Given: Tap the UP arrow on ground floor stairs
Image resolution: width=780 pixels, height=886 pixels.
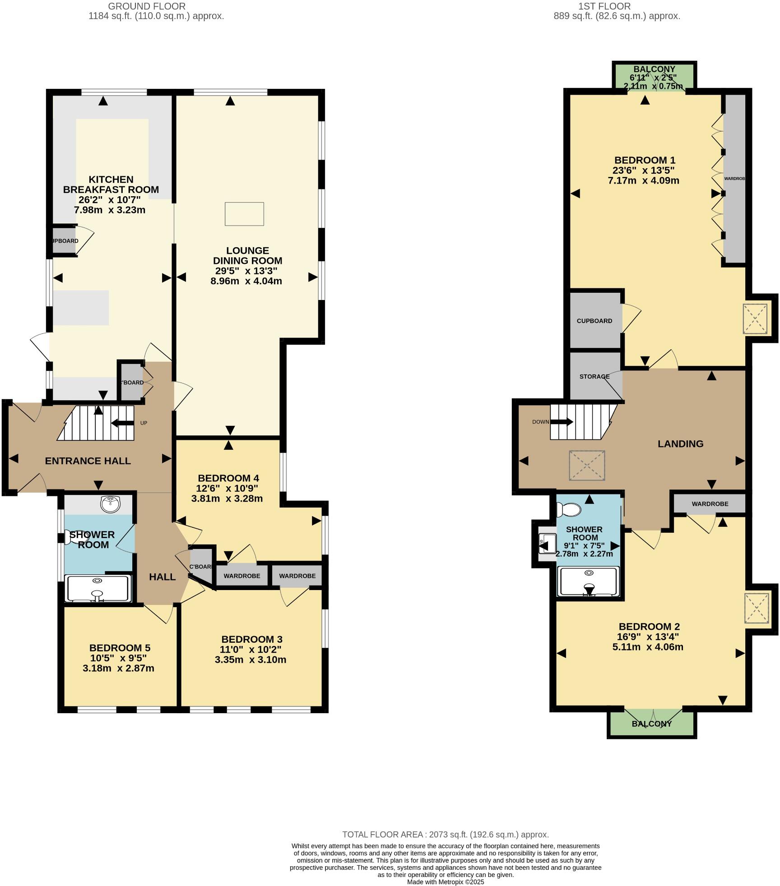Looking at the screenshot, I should (x=122, y=423).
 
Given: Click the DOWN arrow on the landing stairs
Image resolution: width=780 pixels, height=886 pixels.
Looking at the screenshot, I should (x=561, y=422).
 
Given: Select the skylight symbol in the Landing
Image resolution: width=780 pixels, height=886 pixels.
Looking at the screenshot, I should (x=587, y=465).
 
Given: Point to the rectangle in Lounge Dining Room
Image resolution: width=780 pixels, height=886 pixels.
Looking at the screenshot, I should (x=244, y=214).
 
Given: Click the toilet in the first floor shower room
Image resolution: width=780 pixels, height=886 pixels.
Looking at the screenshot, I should (x=569, y=510).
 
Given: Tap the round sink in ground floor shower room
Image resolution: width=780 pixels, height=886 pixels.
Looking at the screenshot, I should (x=111, y=503).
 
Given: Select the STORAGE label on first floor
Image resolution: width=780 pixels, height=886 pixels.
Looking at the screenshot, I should (x=594, y=376).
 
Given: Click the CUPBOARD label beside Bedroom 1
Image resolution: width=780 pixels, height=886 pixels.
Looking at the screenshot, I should (x=594, y=321).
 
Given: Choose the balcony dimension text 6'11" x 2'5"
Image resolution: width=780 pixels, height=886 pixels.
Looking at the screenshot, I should (x=653, y=77).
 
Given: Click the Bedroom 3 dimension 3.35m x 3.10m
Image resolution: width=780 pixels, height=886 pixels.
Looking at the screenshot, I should (x=251, y=660).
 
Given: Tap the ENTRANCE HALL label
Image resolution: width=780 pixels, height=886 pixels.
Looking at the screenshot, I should (x=88, y=461).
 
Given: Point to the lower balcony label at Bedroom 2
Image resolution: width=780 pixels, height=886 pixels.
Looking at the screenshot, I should (x=652, y=724).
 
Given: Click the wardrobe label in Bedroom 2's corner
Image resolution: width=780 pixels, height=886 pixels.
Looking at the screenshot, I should (x=710, y=503).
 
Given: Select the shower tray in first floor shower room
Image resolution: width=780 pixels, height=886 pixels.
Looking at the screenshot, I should (x=589, y=581).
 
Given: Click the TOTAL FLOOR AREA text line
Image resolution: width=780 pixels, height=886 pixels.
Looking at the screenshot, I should (x=446, y=835).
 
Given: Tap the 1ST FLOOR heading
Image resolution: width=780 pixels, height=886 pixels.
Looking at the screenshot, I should (x=617, y=6).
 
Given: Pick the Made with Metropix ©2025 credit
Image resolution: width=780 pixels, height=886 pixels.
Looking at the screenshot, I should (x=446, y=881).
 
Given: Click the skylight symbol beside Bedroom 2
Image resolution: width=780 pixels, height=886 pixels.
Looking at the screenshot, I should (x=756, y=609).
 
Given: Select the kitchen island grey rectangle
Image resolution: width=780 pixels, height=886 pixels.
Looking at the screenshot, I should (x=81, y=307).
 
